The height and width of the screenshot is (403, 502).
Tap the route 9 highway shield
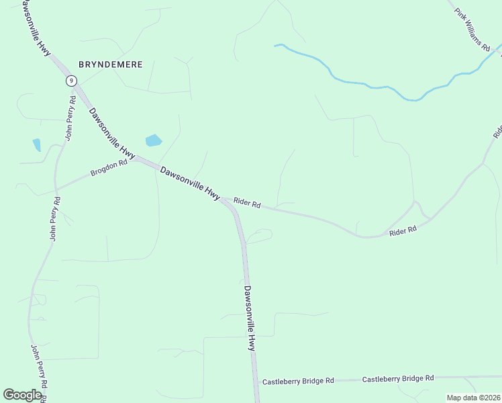pyautogui.click(x=70, y=81)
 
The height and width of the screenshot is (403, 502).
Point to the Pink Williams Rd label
pyautogui.click(x=472, y=30)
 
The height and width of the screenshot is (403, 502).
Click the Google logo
pyautogui.click(x=22, y=395)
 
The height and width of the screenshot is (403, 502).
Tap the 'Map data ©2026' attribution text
pyautogui.click(x=473, y=398)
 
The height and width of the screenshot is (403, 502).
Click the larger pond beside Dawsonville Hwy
pyautogui.click(x=154, y=140)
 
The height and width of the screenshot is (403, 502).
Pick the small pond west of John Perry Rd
pyautogui.click(x=36, y=144)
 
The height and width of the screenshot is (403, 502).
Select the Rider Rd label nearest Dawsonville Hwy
pyautogui.click(x=246, y=203)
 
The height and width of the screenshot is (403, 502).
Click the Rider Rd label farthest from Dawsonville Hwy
pyautogui.click(x=403, y=230)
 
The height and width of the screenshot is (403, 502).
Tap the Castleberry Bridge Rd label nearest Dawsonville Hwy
pyautogui.click(x=298, y=381)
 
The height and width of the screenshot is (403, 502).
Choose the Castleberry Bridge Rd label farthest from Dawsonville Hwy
pyautogui.click(x=398, y=379)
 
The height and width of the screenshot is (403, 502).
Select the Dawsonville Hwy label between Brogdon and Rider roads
pyautogui.click(x=190, y=183)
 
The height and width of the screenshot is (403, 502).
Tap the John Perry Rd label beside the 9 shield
pyautogui.click(x=69, y=118)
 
